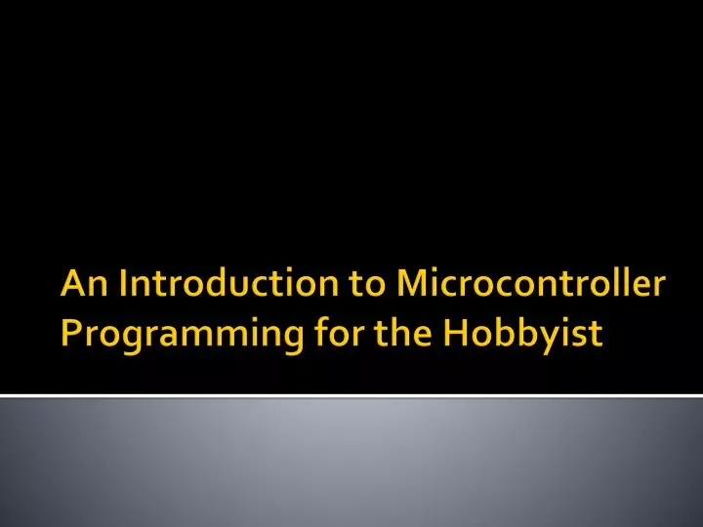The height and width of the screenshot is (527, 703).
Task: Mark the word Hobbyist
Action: click(x=522, y=335)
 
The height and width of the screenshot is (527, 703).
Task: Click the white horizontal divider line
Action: click(x=351, y=396)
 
